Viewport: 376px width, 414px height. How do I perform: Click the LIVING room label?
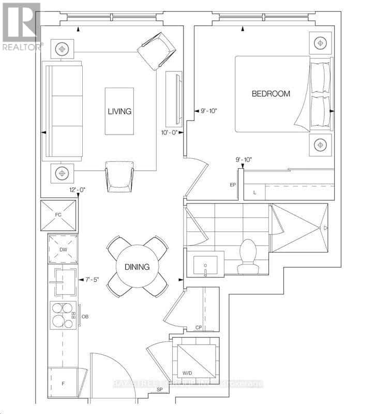pos(119,111)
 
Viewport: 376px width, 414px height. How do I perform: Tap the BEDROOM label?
pos(270,94)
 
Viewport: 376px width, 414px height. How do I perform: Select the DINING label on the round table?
pos(137,267)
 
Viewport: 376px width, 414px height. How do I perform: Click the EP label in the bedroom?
pos(233,184)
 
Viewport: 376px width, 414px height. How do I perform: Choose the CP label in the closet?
pos(198,328)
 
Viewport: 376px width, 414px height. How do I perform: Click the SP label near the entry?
pos(153,396)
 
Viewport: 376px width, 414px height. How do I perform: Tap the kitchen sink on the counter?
pos(63,283)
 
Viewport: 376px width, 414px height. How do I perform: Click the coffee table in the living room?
pos(119,111)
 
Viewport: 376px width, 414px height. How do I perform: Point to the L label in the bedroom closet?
pos(254,193)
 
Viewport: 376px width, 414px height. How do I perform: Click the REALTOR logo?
pos(21,26)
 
